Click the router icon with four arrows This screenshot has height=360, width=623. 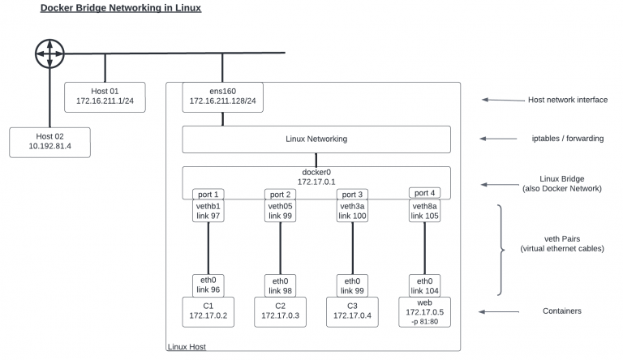coord(49,54)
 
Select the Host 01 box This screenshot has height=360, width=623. coord(105,96)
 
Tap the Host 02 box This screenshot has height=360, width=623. coord(50,142)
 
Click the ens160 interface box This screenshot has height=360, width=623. coord(223,96)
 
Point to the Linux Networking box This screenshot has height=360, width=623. coord(316,139)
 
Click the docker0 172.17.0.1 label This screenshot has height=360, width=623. coord(316,177)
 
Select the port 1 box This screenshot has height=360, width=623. coord(208,195)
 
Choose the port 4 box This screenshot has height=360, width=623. coord(425,193)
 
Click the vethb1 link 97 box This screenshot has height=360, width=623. coord(208,211)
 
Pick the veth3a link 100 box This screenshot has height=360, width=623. coord(352,211)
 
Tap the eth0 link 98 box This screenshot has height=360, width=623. coord(280,285)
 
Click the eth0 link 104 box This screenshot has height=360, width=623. coord(425,285)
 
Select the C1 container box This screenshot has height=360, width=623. coord(208,312)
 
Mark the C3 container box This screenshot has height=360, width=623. coord(352,312)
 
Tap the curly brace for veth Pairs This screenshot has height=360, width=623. coord(501,250)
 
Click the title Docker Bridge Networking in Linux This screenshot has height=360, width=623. coord(121,8)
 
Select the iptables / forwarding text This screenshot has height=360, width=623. coord(562,139)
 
